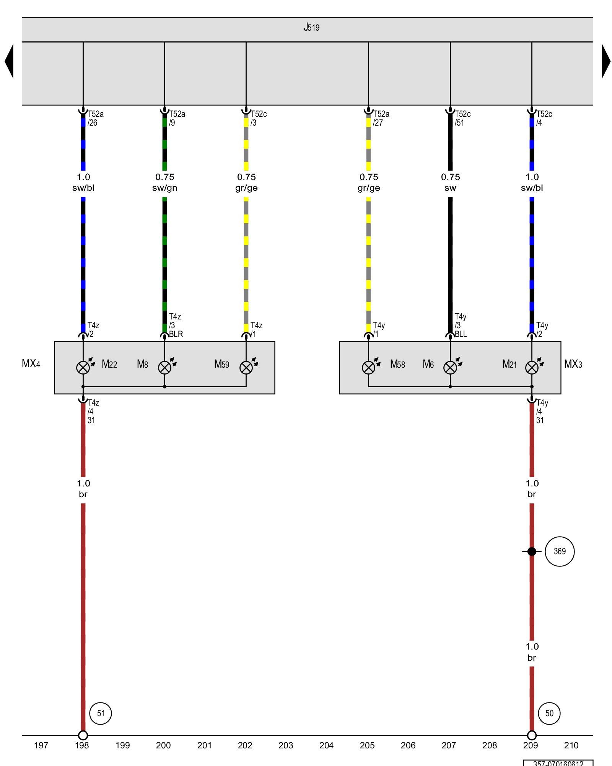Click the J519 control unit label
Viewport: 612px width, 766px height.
point(311,27)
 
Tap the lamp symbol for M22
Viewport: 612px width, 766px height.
point(83,368)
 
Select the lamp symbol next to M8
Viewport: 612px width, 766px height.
point(164,368)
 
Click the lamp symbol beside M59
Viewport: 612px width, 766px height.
point(246,368)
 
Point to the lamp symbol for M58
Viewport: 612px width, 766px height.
point(368,368)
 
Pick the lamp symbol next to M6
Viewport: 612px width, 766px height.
point(450,368)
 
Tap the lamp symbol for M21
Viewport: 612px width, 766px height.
point(532,368)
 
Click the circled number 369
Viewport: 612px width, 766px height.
point(560,552)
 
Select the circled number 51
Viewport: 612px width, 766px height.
point(101,713)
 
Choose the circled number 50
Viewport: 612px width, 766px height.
point(549,713)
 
